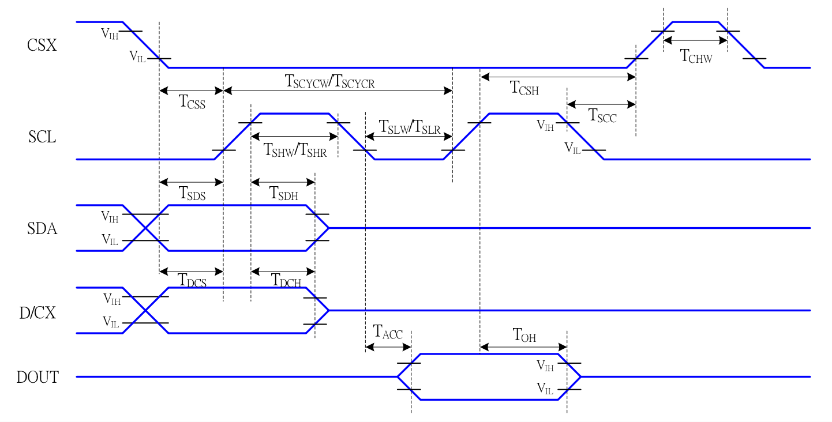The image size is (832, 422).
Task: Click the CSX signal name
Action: coord(42,45)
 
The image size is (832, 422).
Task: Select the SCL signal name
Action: coord(42,137)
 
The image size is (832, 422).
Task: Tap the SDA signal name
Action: coord(42,229)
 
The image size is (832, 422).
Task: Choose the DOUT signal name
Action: coord(38,378)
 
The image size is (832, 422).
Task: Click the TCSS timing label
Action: coord(192,103)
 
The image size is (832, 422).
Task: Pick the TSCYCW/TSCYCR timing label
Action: coord(330,81)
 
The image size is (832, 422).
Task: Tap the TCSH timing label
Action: coord(524,88)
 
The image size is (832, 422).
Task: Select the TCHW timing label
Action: coord(696,56)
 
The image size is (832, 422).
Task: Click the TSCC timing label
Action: coord(602,115)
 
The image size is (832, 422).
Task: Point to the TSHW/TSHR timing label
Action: coord(295,150)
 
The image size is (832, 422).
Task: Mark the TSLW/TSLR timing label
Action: coord(409,127)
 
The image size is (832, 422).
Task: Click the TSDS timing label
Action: coord(192,193)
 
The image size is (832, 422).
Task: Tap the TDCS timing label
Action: coord(192,281)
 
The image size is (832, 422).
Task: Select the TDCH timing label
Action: coord(286,281)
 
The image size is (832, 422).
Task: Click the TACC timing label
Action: coord(388,333)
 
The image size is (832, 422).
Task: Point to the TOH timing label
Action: coord(524,335)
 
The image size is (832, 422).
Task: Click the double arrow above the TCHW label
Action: coord(695,40)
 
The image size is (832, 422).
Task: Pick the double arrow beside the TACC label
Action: coord(388,347)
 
